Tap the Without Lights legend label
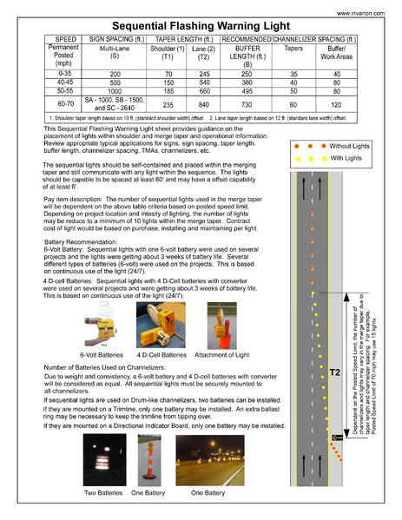pyautogui.click(x=350, y=146)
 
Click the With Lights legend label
pyautogui.click(x=345, y=158)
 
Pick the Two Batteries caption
pyautogui.click(x=104, y=492)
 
